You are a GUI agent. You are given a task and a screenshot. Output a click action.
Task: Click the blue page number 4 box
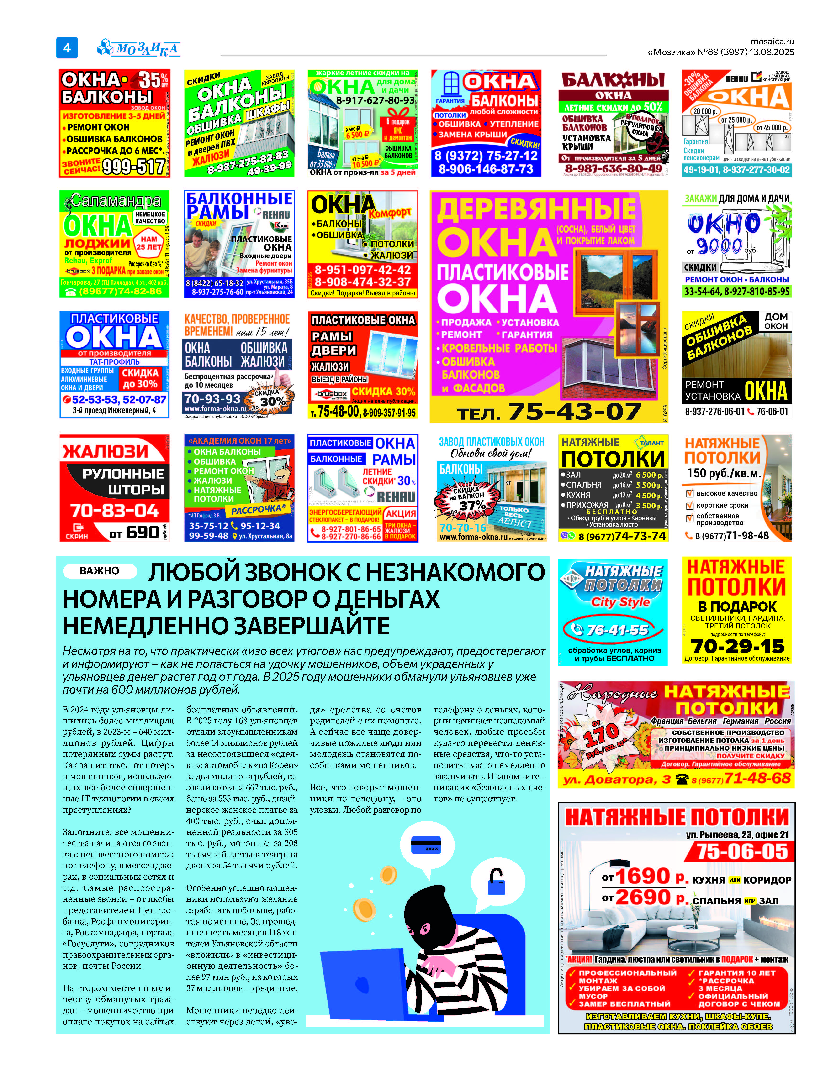coord(67,47)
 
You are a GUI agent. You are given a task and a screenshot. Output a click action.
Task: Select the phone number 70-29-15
coord(737,646)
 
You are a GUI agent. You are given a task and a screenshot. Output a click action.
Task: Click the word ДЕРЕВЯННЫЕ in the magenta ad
coord(536,209)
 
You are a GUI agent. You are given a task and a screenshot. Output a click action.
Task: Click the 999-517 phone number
coord(133,167)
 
